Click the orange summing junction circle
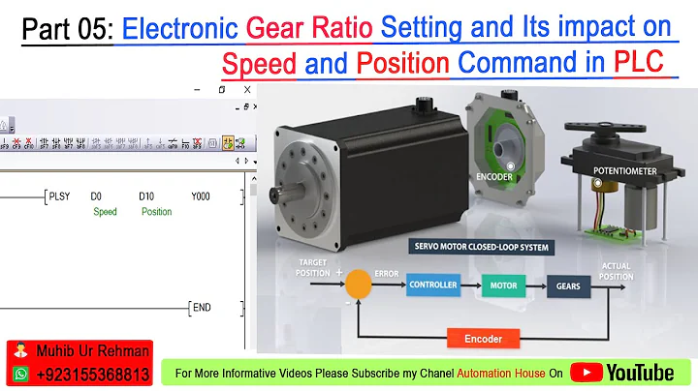(x=358, y=285)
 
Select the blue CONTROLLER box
(x=432, y=286)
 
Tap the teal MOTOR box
(x=502, y=286)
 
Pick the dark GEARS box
(x=568, y=286)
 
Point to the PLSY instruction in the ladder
(x=60, y=196)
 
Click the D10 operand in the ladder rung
(x=146, y=196)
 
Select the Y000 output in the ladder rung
(x=201, y=196)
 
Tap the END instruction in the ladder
(x=202, y=308)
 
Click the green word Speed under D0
(x=105, y=212)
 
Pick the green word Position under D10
(x=156, y=212)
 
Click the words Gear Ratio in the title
(x=310, y=29)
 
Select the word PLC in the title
(x=643, y=64)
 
